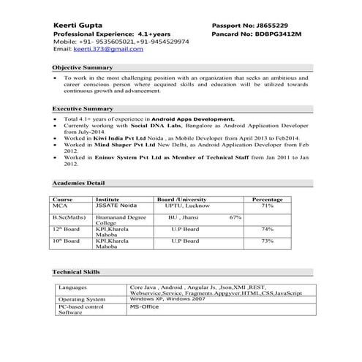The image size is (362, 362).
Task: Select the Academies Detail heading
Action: pos(83,182)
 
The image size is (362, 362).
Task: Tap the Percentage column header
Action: pos(267,199)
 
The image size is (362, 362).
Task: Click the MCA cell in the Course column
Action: pos(60,206)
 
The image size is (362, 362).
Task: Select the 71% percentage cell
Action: pos(267,206)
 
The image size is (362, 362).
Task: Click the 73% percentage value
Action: pos(267,241)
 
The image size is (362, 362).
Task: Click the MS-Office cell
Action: pos(144,308)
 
